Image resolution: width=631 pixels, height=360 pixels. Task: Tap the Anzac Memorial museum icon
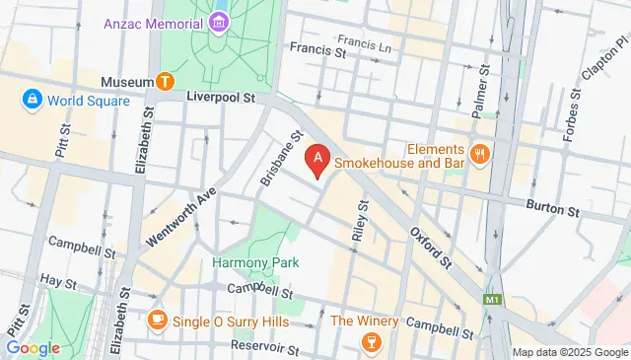pos(217,22)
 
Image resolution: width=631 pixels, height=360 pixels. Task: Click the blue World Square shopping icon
pos(33,100)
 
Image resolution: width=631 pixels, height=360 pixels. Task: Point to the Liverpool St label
pos(220,99)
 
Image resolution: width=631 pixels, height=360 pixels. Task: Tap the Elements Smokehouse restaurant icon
pos(480,153)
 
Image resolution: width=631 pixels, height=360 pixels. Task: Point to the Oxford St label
pos(432,248)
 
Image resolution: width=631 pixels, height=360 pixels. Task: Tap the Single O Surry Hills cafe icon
pos(157,320)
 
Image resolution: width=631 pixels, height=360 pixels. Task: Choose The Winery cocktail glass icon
pos(371,340)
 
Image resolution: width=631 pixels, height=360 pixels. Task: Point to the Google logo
pos(33,347)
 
